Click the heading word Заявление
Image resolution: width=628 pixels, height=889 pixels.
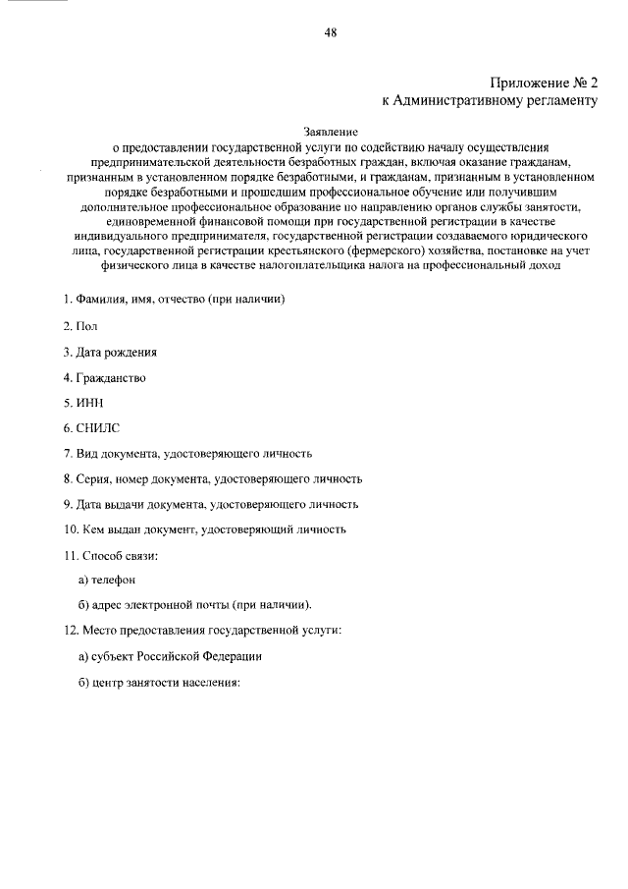point(331,129)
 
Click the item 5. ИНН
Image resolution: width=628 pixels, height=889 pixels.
point(83,402)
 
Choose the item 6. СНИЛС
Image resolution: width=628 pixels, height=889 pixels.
point(91,427)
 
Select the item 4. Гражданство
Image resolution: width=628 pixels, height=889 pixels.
point(105,376)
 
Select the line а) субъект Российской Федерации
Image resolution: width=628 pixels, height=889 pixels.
point(170,655)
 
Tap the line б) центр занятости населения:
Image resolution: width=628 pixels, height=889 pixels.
point(159,682)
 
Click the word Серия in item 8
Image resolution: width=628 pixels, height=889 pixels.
point(92,478)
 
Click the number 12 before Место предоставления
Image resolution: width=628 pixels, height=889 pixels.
point(69,630)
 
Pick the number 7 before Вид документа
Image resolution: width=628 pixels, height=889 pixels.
point(67,453)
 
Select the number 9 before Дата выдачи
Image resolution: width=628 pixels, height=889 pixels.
point(67,504)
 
